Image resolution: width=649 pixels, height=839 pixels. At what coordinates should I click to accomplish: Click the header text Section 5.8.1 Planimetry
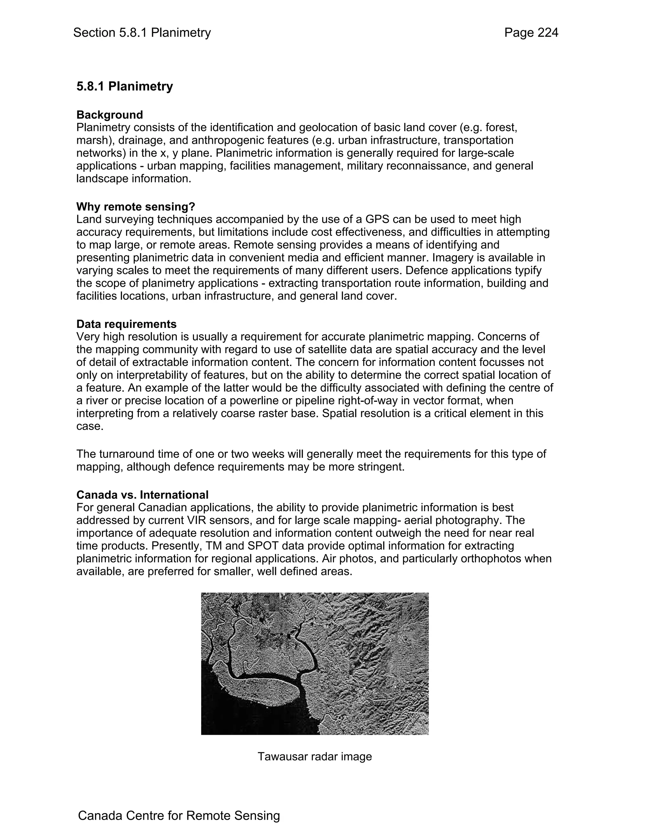coord(142,33)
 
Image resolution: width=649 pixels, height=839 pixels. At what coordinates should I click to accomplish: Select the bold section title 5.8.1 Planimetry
coord(125,86)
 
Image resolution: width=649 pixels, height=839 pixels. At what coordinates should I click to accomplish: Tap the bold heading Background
coord(110,115)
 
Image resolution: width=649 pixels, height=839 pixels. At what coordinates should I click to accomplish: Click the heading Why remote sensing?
coord(136,207)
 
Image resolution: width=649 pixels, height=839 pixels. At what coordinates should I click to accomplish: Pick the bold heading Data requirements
coord(126,324)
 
